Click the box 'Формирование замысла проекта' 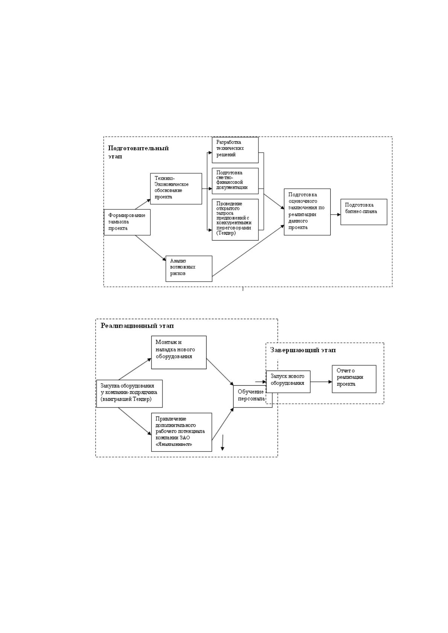pyautogui.click(x=127, y=222)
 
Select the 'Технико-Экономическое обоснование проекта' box pyautogui.click(x=176, y=188)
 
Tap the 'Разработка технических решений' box pyautogui.click(x=235, y=150)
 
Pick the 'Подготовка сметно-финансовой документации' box pyautogui.click(x=235, y=181)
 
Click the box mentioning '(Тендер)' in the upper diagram pyautogui.click(x=235, y=220)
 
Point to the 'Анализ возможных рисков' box pyautogui.click(x=189, y=268)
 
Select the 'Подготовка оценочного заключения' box pyautogui.click(x=307, y=212)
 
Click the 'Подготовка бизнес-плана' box pyautogui.click(x=364, y=212)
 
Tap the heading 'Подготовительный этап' pyautogui.click(x=138, y=152)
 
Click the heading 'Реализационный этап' pyautogui.click(x=137, y=326)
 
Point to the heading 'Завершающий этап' pyautogui.click(x=303, y=350)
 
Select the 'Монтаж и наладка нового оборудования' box pyautogui.click(x=179, y=352)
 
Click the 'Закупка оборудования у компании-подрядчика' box pyautogui.click(x=129, y=393)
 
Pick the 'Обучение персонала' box pyautogui.click(x=252, y=396)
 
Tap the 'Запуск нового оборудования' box pyautogui.click(x=288, y=382)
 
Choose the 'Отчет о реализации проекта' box pyautogui.click(x=354, y=379)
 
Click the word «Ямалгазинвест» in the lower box pyautogui.click(x=174, y=444)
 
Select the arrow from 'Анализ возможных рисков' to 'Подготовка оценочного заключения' pyautogui.click(x=248, y=250)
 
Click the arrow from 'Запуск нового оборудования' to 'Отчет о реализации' pyautogui.click(x=321, y=382)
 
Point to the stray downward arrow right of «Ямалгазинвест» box pyautogui.click(x=222, y=442)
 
